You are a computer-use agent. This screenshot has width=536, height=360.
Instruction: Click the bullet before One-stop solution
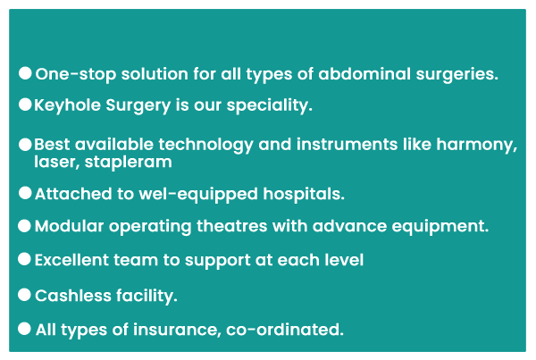click(x=25, y=73)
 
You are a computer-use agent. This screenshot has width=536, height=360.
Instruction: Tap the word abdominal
click(x=364, y=74)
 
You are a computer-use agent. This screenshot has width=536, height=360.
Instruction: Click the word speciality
click(x=270, y=105)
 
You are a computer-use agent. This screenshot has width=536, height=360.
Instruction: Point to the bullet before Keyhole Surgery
click(x=25, y=105)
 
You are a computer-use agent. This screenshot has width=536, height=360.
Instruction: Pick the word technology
click(x=205, y=145)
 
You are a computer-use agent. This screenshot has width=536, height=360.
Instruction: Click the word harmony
click(x=476, y=145)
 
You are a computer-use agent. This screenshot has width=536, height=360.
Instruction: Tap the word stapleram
click(x=128, y=162)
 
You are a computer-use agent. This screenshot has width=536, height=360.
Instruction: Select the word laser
click(x=57, y=162)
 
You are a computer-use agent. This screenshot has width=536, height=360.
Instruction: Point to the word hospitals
click(x=304, y=194)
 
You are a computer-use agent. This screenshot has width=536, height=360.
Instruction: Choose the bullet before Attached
click(x=25, y=193)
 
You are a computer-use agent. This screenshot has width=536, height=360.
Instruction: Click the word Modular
click(x=69, y=226)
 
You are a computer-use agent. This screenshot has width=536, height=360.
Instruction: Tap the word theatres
click(x=231, y=226)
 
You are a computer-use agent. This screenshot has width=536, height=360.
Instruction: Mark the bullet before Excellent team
click(x=24, y=259)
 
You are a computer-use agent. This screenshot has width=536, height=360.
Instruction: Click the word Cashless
click(x=73, y=296)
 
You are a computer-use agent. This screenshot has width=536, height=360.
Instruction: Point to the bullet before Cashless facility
click(x=24, y=295)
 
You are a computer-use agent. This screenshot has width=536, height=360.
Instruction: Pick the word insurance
click(x=177, y=330)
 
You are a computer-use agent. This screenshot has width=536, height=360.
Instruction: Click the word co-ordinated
click(x=285, y=330)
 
